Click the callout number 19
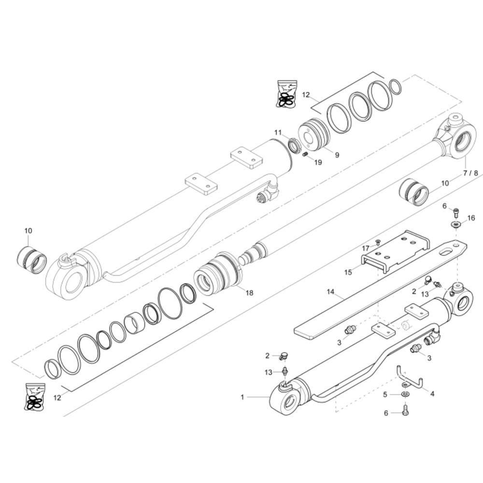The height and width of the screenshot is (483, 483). coord(318,162)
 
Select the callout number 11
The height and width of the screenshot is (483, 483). coord(278,132)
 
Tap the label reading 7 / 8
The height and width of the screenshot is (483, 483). coord(470,173)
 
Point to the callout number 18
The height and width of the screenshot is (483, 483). coord(249,293)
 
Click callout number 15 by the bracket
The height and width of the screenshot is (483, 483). coord(348,272)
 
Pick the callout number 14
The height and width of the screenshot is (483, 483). coord(330,291)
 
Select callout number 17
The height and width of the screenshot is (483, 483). coord(365,248)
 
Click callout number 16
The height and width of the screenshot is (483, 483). coord(471,218)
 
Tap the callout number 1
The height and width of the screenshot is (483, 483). coord(242,398)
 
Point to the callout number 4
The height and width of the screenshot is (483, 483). coord(432,394)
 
